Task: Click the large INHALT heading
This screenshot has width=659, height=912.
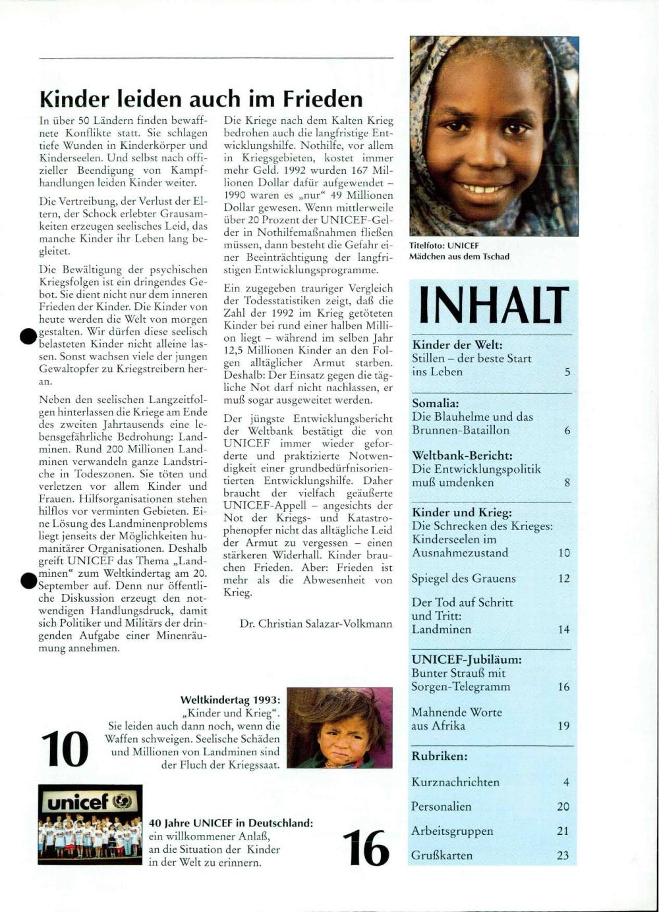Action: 493,305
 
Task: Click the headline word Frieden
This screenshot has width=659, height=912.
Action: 323,99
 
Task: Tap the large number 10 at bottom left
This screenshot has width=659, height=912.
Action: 65,749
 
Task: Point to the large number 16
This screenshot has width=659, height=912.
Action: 366,848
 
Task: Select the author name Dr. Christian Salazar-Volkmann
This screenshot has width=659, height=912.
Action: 316,624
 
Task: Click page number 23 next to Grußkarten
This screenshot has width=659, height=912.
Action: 563,856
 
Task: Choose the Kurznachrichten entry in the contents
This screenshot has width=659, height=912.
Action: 455,782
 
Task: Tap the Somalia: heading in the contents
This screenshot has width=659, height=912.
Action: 436,403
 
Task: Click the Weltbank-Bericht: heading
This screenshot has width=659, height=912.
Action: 462,456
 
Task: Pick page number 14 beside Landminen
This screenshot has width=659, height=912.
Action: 563,630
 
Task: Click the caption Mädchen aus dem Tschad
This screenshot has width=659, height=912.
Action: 459,257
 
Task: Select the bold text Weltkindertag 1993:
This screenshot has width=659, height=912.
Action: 230,700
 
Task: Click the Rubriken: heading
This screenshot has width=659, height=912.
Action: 440,757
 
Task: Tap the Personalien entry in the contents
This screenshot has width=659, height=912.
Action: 441,807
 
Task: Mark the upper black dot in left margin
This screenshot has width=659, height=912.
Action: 28,336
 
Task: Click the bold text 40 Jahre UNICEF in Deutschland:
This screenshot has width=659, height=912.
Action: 231,823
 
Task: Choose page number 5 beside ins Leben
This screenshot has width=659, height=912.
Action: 567,372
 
